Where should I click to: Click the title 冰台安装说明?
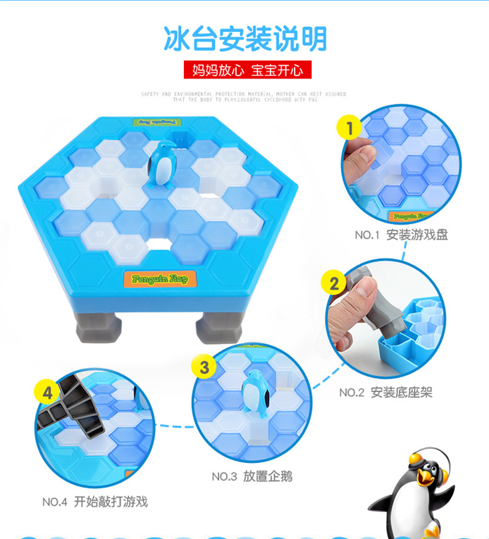tap(244, 38)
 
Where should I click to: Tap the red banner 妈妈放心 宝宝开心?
tap(247, 70)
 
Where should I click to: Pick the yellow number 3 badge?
tap(204, 367)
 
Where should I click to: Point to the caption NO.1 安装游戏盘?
tap(400, 235)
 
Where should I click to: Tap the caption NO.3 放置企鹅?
tap(251, 476)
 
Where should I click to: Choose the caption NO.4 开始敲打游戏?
tap(95, 501)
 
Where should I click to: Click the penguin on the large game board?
tap(162, 164)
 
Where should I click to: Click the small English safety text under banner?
tap(244, 96)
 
